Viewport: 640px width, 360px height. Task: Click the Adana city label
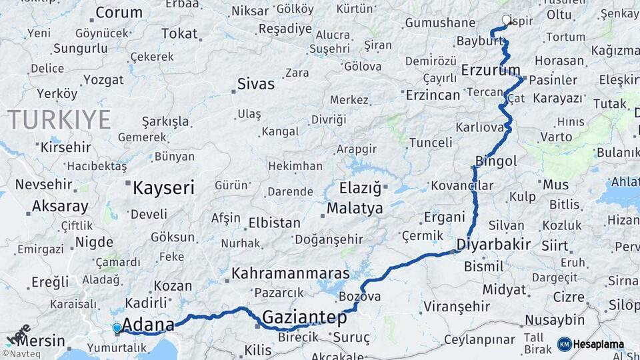pyautogui.click(x=147, y=325)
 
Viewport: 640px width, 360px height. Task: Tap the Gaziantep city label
pyautogui.click(x=305, y=317)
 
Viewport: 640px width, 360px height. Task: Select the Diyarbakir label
pyautogui.click(x=493, y=245)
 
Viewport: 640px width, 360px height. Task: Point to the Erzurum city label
pyautogui.click(x=491, y=70)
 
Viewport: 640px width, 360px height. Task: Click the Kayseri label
pyautogui.click(x=163, y=187)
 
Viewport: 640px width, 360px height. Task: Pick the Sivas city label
pyautogui.click(x=256, y=85)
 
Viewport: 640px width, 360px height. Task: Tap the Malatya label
pyautogui.click(x=355, y=209)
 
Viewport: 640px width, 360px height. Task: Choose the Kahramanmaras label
pyautogui.click(x=291, y=273)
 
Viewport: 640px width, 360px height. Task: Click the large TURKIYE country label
pyautogui.click(x=59, y=120)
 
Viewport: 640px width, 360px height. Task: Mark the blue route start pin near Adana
pyautogui.click(x=117, y=328)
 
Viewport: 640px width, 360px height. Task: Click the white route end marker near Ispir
pyautogui.click(x=507, y=20)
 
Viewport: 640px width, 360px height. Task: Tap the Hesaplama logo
pyautogui.click(x=591, y=344)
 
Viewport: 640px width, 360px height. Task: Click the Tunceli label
pyautogui.click(x=431, y=143)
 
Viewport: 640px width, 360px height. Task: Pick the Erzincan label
pyautogui.click(x=433, y=95)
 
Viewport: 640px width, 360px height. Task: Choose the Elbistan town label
pyautogui.click(x=275, y=223)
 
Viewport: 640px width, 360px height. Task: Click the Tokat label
pyautogui.click(x=179, y=34)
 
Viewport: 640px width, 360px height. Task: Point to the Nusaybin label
pyautogui.click(x=555, y=320)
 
